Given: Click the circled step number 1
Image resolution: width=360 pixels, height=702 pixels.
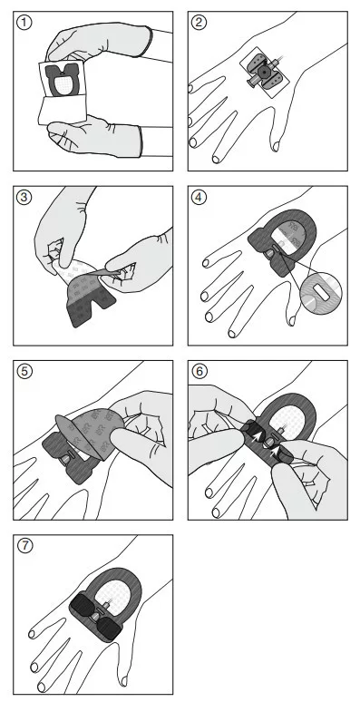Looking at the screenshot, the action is [24, 23].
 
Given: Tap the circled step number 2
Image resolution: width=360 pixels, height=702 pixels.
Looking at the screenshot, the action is [199, 23].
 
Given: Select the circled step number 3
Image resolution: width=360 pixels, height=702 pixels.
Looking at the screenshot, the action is [24, 197].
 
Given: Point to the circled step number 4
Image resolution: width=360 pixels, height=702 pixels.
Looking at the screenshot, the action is [199, 197].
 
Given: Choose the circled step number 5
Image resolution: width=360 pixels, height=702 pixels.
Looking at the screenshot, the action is [24, 372].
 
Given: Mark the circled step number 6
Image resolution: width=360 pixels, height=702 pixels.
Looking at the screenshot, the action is [199, 372].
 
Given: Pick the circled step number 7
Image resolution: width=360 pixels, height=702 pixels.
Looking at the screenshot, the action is [24, 546].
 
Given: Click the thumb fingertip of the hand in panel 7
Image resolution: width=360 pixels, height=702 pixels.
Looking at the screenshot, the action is [124, 681].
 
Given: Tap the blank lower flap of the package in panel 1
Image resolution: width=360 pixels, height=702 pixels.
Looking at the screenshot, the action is [62, 111].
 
